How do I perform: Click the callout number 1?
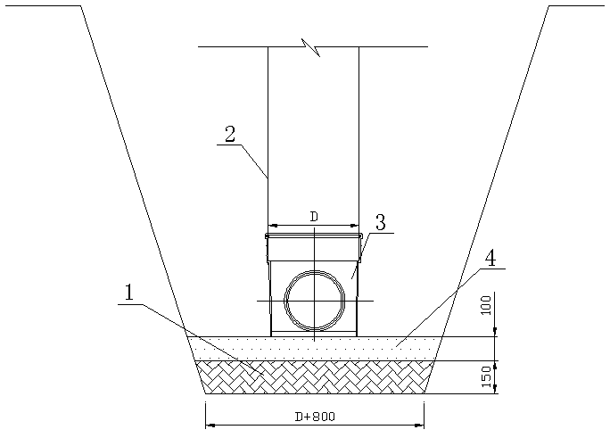[x=128, y=293]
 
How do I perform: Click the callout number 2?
[x=230, y=134]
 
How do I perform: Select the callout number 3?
[x=380, y=223]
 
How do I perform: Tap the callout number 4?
[x=491, y=259]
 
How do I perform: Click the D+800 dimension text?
[x=315, y=417]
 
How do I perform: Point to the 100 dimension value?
[x=487, y=305]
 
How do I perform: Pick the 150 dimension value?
[x=487, y=376]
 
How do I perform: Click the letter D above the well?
[x=314, y=218]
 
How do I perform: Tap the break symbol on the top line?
[x=313, y=47]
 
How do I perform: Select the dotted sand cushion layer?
[x=314, y=349]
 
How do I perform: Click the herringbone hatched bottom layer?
[x=314, y=377]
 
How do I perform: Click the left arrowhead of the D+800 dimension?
[x=210, y=426]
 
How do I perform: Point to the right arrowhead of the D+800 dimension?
[x=419, y=426]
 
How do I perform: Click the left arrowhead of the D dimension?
[x=272, y=225]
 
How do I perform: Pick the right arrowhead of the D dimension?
[x=354, y=225]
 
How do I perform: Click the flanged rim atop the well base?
[x=314, y=236]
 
